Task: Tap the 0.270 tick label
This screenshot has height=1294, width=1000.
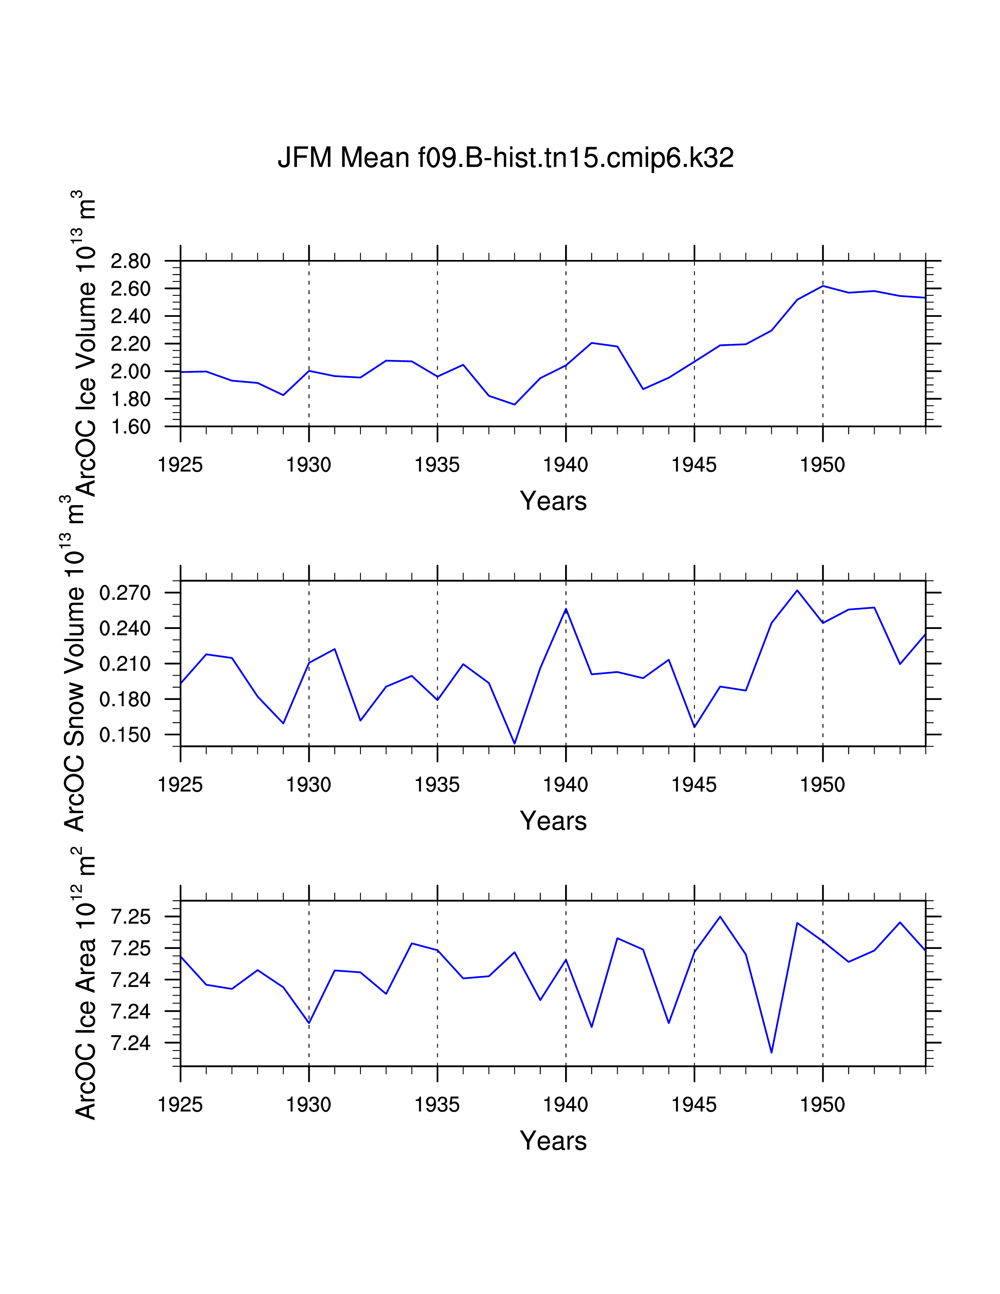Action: pyautogui.click(x=125, y=593)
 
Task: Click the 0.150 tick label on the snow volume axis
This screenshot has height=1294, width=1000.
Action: pyautogui.click(x=125, y=735)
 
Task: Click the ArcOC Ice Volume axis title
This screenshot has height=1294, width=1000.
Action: pyautogui.click(x=85, y=343)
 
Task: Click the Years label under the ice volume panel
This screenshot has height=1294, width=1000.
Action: pyautogui.click(x=553, y=501)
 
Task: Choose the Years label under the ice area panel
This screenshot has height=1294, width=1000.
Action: pyautogui.click(x=553, y=1141)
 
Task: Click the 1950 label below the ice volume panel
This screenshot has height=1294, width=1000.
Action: pyautogui.click(x=822, y=465)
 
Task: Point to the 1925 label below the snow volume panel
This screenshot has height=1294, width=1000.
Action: pyautogui.click(x=180, y=785)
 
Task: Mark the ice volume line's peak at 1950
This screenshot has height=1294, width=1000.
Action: pyautogui.click(x=823, y=286)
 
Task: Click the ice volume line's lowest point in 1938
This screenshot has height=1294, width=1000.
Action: pyautogui.click(x=514, y=405)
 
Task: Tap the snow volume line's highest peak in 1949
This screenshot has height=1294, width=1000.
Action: pyautogui.click(x=797, y=590)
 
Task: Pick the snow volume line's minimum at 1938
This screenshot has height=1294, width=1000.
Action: pyautogui.click(x=514, y=743)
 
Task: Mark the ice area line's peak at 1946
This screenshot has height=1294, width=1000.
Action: pyautogui.click(x=720, y=917)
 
